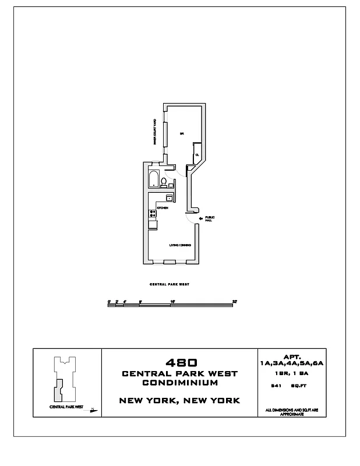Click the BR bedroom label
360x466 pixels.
[182, 133]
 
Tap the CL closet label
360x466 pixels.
[197, 154]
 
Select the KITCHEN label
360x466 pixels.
[163, 208]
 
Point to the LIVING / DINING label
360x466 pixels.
[180, 245]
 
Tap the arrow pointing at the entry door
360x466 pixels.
[201, 218]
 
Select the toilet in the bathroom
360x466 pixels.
[164, 184]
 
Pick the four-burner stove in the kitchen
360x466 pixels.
[152, 213]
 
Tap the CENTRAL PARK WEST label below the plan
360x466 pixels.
[170, 284]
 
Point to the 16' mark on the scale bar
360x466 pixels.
[172, 301]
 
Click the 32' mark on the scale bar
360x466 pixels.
[234, 301]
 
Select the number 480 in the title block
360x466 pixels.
[179, 362]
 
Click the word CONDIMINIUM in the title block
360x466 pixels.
[179, 383]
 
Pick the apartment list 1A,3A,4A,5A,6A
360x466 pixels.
[291, 363]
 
